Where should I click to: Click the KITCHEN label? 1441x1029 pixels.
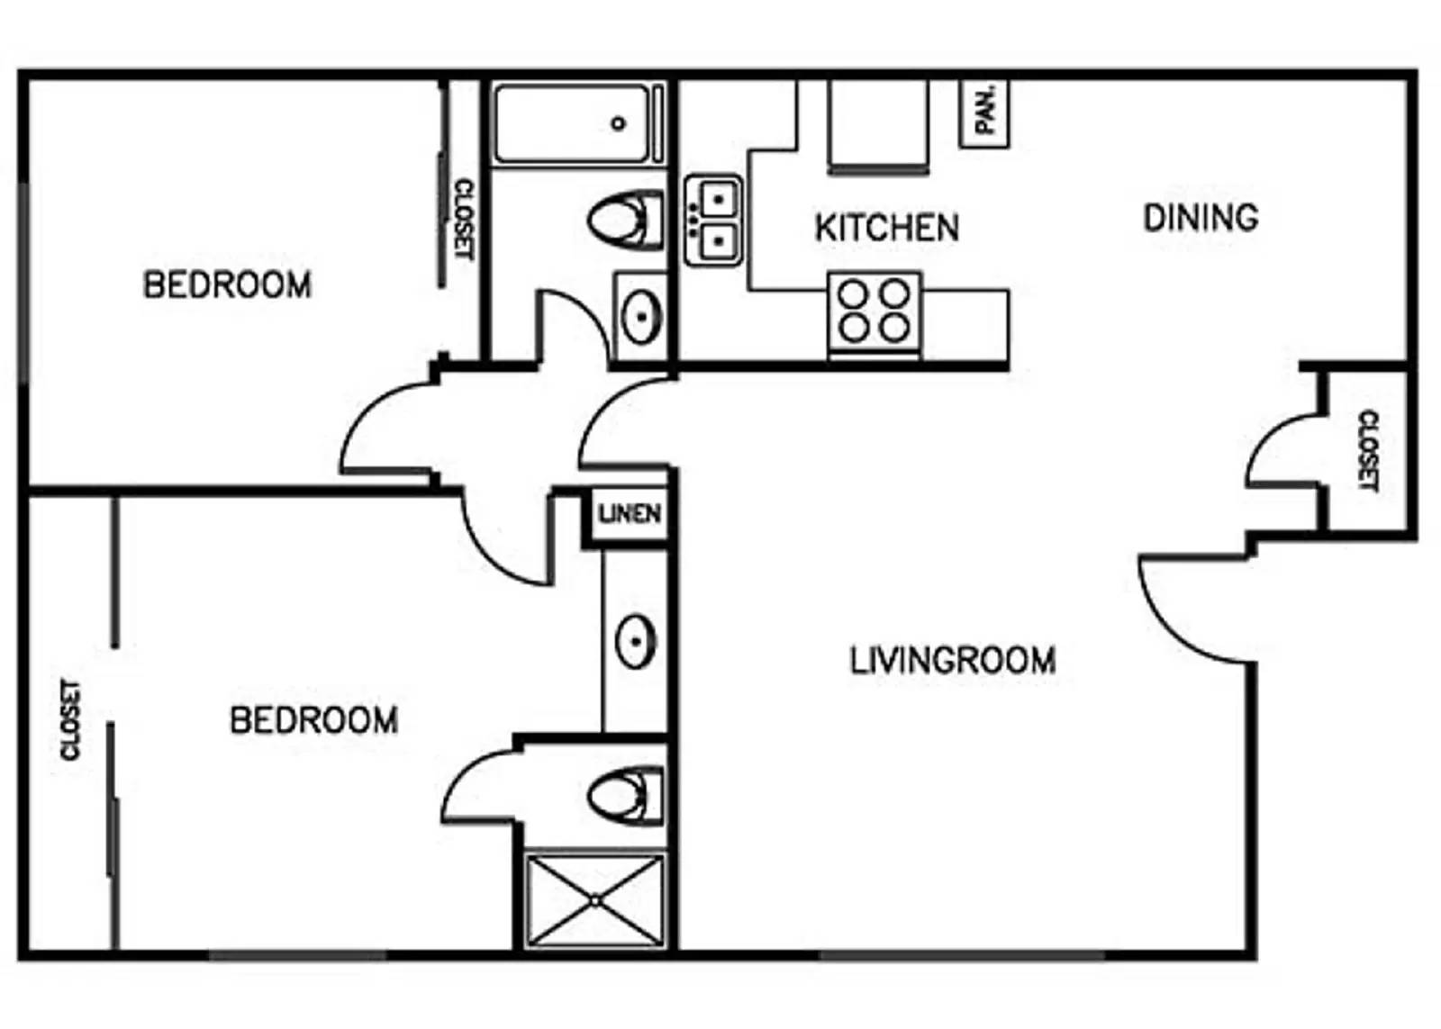point(887,228)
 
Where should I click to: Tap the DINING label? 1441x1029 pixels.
point(1201,218)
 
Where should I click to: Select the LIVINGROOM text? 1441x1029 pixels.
point(953,661)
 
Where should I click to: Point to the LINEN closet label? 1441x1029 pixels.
point(630,514)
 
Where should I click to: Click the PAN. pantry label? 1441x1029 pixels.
point(985,110)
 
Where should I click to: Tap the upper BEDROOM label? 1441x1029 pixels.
point(227,285)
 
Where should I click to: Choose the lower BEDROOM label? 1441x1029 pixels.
point(313,720)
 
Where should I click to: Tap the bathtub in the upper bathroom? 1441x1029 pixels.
point(573,124)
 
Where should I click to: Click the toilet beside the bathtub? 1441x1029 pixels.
point(624,219)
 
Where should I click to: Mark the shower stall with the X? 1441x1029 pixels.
point(595,900)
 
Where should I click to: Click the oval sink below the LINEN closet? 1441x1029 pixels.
point(635,641)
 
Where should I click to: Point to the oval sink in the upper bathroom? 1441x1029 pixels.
point(641,316)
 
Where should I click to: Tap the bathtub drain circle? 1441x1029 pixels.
point(618,123)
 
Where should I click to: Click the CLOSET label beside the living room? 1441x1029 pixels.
point(1367,450)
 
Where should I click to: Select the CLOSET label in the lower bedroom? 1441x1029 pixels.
point(70,719)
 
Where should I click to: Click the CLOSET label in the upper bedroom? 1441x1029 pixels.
point(463,219)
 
